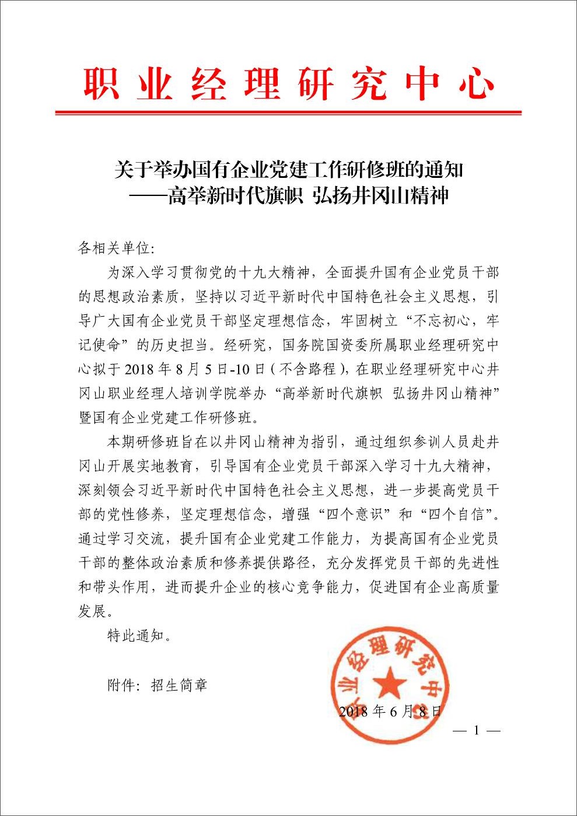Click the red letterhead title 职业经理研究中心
click(288, 83)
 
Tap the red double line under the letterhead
click(288, 113)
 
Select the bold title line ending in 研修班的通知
click(288, 170)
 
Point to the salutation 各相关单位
click(114, 248)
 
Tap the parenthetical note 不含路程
click(307, 369)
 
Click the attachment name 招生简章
click(179, 684)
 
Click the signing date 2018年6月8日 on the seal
click(390, 711)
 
